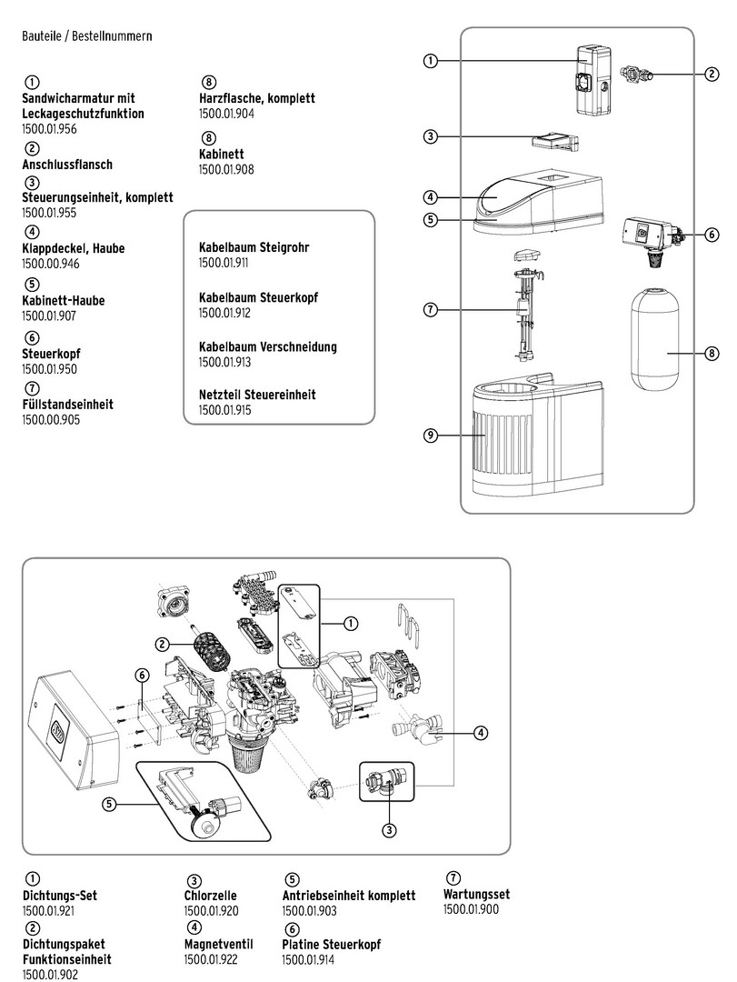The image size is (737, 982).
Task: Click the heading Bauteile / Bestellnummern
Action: [86, 36]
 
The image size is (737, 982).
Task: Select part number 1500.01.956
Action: [49, 129]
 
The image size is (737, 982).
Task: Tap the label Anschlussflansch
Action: [67, 165]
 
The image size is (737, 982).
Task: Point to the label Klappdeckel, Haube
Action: [74, 248]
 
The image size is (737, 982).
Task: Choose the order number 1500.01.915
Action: [224, 411]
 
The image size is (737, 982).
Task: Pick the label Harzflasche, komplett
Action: [257, 98]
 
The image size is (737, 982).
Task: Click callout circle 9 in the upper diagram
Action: [431, 436]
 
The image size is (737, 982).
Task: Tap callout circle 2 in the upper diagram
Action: [712, 74]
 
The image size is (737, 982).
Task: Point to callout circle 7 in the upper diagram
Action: [431, 310]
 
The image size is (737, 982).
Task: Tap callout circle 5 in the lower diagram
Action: [109, 804]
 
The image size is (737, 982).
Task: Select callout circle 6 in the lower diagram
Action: [142, 675]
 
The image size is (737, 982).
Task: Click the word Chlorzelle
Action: [211, 896]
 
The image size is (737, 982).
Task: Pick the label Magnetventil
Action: [217, 944]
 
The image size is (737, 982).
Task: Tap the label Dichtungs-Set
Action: [59, 896]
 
